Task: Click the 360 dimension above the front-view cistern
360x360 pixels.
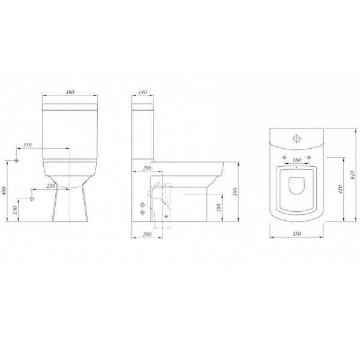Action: pos(70,92)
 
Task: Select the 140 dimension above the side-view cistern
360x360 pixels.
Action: pos(143,92)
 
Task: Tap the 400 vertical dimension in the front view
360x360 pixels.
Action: pos(4,191)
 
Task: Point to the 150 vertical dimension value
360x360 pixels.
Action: pos(15,209)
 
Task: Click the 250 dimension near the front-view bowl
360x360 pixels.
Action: pos(51,186)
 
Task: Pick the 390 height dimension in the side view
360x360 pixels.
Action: pos(235,192)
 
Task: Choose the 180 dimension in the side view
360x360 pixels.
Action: pos(219,208)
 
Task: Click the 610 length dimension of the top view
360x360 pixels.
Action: pos(353,175)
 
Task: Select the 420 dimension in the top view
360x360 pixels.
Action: pos(340,190)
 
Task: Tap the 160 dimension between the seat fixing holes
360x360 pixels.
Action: pos(296,160)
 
